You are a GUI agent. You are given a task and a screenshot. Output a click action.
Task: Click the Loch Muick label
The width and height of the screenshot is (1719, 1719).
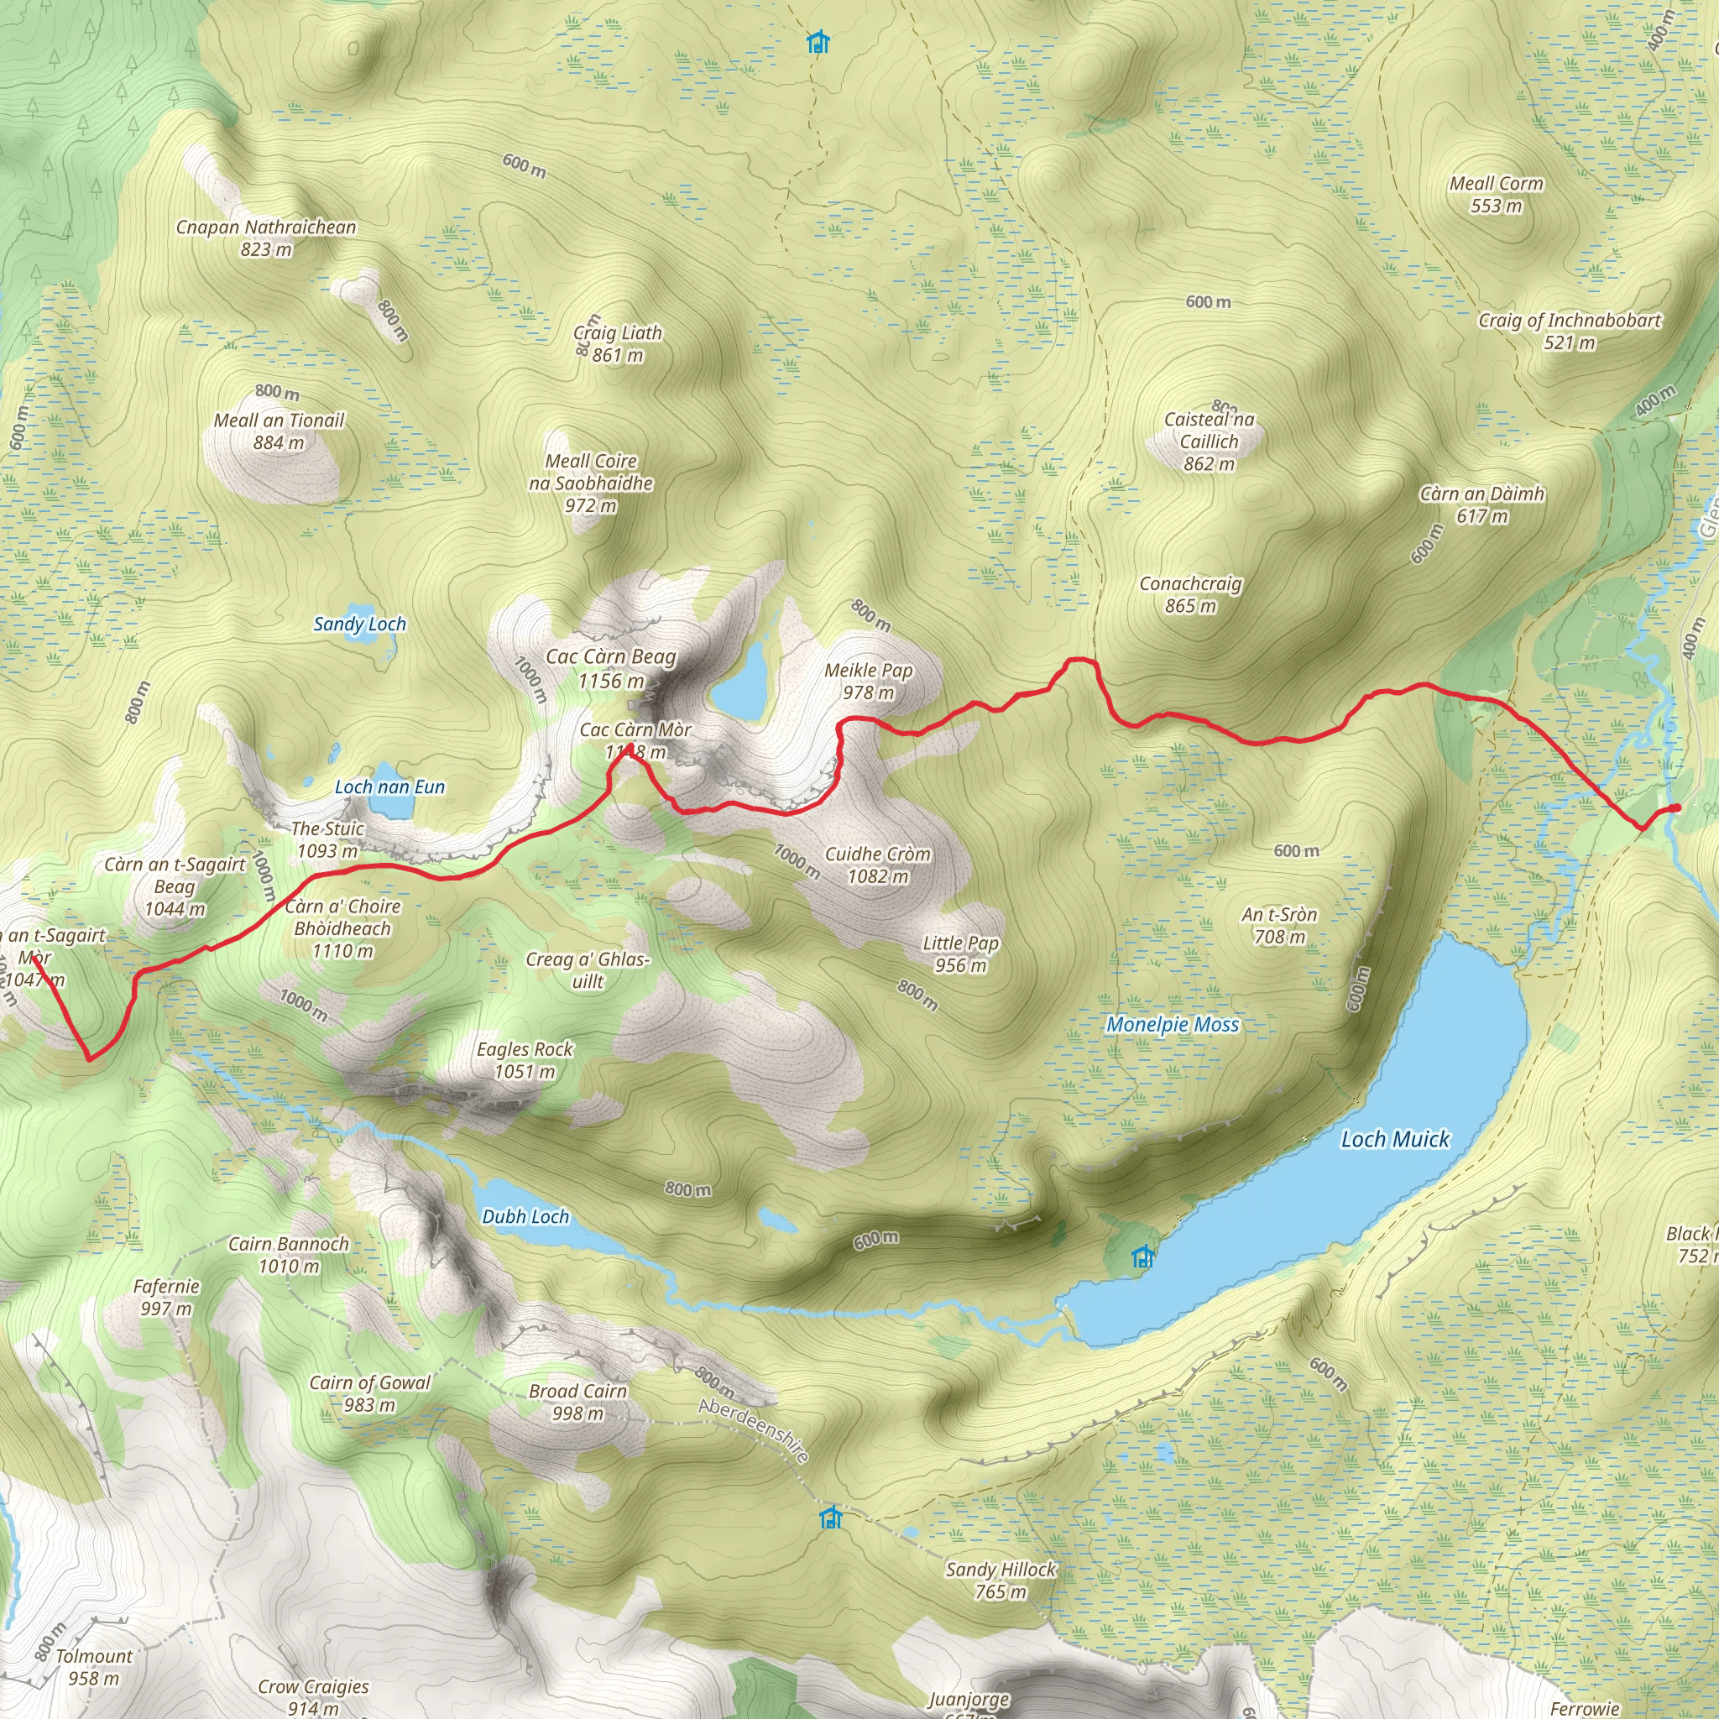click(x=1395, y=1139)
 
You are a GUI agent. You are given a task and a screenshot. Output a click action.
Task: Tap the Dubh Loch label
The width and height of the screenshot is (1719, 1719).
click(x=525, y=1216)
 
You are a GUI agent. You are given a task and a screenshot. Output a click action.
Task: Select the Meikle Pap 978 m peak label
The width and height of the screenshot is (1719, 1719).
click(x=869, y=682)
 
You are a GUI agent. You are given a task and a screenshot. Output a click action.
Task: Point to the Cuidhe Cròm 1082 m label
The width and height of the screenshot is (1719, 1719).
click(x=877, y=865)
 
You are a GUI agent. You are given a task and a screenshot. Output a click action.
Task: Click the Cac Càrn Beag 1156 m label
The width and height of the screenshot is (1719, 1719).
click(x=610, y=668)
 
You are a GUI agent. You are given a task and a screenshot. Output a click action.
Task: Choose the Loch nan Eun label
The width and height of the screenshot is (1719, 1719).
click(x=389, y=786)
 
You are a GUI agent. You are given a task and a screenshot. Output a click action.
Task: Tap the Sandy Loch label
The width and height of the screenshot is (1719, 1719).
click(x=359, y=624)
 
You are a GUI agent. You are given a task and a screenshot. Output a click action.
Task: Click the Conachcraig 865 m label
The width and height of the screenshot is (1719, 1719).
click(x=1190, y=594)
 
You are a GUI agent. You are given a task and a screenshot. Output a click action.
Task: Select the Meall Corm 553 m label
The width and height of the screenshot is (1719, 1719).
click(x=1496, y=194)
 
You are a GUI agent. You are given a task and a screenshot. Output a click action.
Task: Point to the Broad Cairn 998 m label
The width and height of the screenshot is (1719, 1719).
click(x=577, y=1402)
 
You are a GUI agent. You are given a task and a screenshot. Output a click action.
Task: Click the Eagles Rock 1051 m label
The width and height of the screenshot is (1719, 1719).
click(x=524, y=1060)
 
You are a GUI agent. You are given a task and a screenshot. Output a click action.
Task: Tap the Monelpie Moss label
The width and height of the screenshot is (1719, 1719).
click(x=1172, y=1024)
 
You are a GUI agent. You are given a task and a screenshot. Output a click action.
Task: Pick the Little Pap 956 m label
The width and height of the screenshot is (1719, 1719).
click(x=960, y=954)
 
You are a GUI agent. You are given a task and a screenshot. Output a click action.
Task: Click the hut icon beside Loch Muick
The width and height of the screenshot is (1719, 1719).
click(x=1142, y=1257)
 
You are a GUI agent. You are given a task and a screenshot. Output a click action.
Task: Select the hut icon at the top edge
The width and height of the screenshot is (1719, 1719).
click(x=818, y=42)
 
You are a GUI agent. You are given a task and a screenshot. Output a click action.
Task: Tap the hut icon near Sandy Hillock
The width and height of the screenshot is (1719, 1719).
click(x=830, y=1516)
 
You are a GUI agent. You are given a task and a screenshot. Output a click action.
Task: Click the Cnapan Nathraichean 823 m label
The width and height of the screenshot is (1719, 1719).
click(x=266, y=238)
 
